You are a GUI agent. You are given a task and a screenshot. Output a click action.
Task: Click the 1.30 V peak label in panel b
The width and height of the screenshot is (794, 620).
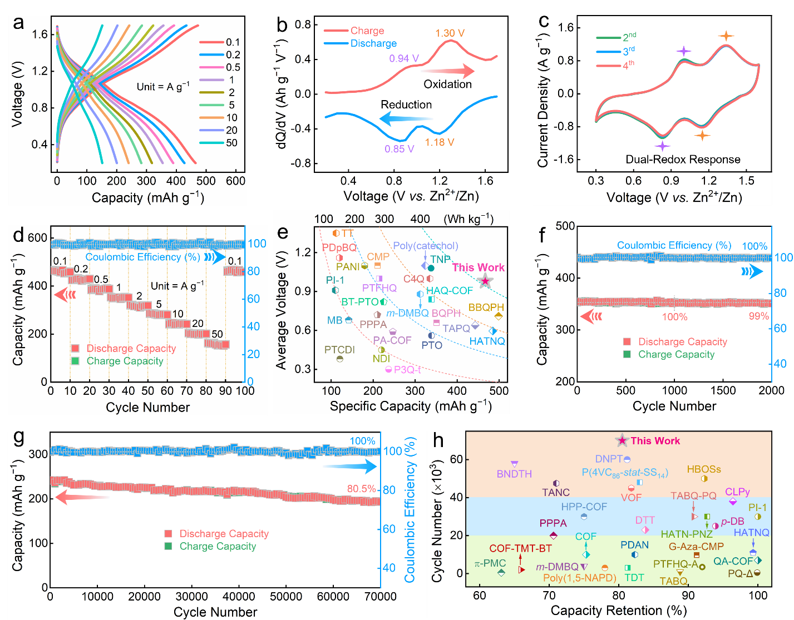(x=450, y=33)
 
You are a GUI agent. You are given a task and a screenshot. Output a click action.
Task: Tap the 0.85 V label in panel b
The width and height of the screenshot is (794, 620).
(x=399, y=149)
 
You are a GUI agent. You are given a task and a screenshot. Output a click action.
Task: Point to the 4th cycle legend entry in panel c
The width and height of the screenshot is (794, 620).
(x=628, y=65)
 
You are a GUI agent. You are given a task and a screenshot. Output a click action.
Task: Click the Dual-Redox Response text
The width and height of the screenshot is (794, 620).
(x=683, y=160)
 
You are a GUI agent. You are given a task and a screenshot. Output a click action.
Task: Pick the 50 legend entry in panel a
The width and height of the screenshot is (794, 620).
(x=231, y=143)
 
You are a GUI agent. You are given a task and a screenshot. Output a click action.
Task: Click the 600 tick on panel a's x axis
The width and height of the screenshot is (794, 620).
(x=236, y=181)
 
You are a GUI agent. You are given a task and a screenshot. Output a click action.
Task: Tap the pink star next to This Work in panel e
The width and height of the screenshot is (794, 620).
(x=485, y=280)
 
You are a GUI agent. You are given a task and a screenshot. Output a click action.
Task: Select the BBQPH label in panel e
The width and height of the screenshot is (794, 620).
(x=486, y=307)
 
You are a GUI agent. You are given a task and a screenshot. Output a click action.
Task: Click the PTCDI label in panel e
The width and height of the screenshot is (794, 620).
(x=339, y=350)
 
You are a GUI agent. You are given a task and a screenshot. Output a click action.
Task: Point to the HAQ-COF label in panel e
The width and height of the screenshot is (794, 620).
(x=449, y=291)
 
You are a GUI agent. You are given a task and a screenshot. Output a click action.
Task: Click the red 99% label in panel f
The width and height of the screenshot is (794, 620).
(x=758, y=316)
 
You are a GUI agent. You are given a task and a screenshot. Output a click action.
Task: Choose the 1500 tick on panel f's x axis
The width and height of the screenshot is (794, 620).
(x=723, y=390)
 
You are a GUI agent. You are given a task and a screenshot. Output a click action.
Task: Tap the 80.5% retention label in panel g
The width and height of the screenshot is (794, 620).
(x=362, y=489)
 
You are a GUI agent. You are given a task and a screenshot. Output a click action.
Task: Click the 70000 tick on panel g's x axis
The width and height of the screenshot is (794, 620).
(x=380, y=597)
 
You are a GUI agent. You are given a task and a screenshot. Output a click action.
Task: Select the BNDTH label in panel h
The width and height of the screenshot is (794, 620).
(x=514, y=474)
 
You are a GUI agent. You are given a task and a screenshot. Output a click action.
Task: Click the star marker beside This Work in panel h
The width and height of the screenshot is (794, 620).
(x=622, y=440)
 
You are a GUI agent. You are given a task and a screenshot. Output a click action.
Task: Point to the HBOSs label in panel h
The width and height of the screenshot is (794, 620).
(x=704, y=469)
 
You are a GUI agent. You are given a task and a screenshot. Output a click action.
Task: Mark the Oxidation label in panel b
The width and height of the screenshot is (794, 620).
(x=447, y=84)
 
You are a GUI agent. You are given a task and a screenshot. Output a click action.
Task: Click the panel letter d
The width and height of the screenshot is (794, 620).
(x=18, y=235)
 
